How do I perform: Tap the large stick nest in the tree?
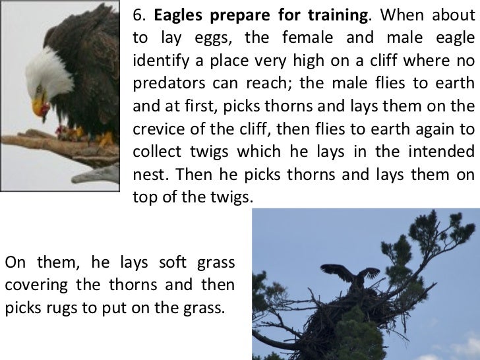click(x=343, y=323)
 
